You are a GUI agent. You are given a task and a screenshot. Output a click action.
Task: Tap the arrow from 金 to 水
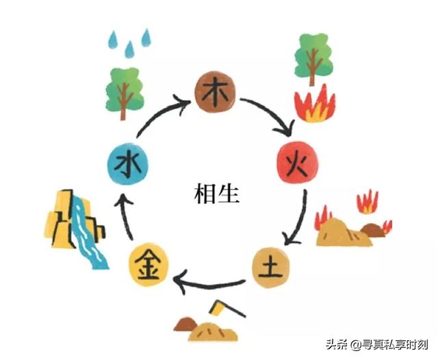tap(125, 217)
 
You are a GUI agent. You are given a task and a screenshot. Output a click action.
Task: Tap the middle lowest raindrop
tap(129, 48)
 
